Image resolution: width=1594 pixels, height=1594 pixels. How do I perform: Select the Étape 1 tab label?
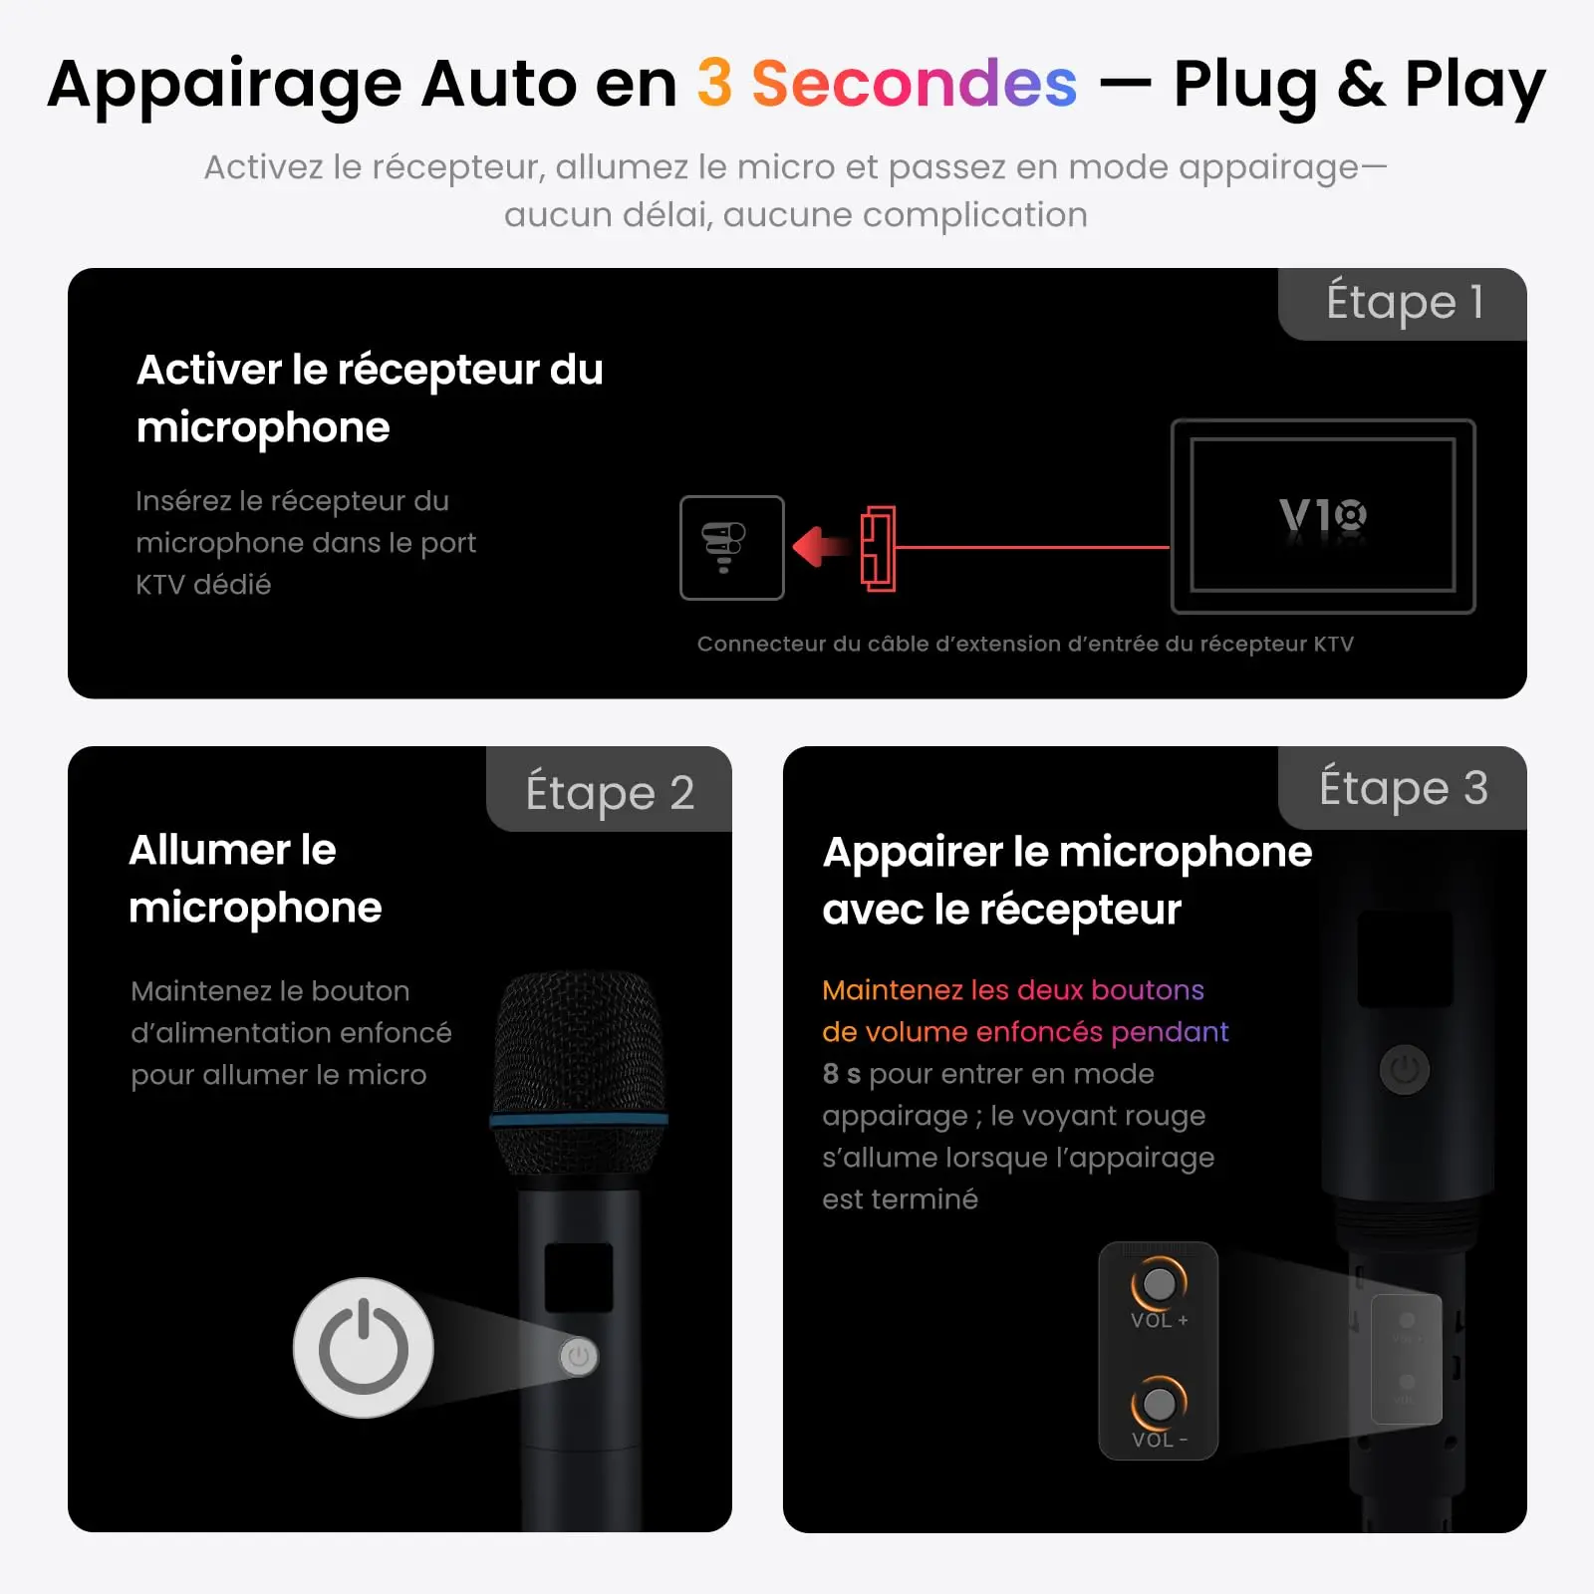click(1405, 302)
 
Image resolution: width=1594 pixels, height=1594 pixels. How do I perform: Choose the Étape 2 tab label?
click(610, 793)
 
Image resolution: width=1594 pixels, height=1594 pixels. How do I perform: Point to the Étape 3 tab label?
click(1404, 788)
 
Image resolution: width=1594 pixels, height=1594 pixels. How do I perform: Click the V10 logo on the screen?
click(1323, 516)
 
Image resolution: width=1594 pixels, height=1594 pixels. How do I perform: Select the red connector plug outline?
click(878, 549)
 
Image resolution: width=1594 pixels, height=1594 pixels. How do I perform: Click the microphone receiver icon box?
click(732, 548)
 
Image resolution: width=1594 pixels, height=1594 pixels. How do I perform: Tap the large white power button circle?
click(364, 1348)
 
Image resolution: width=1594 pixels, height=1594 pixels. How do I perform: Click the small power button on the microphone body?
click(579, 1356)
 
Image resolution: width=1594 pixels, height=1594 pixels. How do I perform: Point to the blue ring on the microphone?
click(579, 1120)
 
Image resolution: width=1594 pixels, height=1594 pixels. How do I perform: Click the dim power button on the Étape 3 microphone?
click(1405, 1070)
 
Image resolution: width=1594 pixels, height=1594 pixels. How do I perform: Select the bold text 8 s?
click(842, 1074)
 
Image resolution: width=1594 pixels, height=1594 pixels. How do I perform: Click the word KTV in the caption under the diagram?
click(1333, 644)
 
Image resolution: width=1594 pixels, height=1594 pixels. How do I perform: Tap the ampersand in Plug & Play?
click(1361, 84)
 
